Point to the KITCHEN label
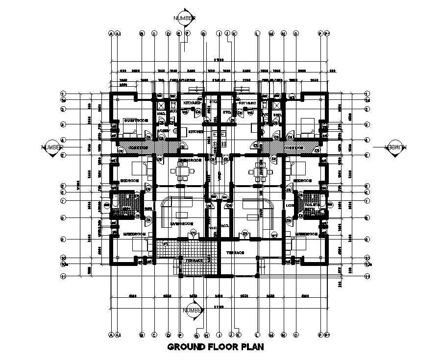(x=196, y=132)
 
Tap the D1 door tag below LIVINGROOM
(x=193, y=232)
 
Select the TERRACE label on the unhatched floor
(x=235, y=253)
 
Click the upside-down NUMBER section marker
(x=392, y=147)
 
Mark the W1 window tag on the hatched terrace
(x=165, y=243)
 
